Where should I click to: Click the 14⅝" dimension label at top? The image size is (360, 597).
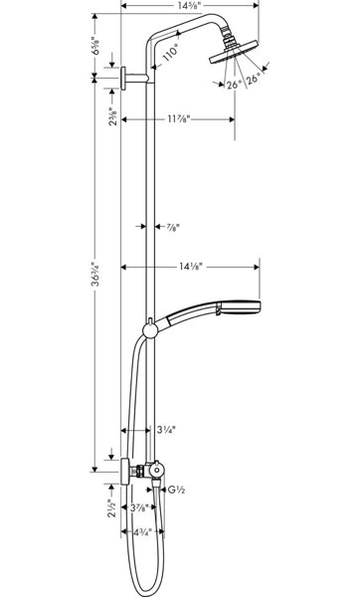(x=189, y=5)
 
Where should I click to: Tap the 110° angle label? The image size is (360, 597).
(x=170, y=53)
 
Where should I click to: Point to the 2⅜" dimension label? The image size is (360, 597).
(x=113, y=116)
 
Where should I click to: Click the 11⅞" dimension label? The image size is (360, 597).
(x=178, y=119)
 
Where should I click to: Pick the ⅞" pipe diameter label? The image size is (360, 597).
(x=173, y=227)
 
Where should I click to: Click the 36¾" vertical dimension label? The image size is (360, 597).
(x=97, y=274)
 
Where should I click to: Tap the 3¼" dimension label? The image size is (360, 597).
(x=167, y=430)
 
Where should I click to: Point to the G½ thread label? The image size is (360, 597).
(x=177, y=490)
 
